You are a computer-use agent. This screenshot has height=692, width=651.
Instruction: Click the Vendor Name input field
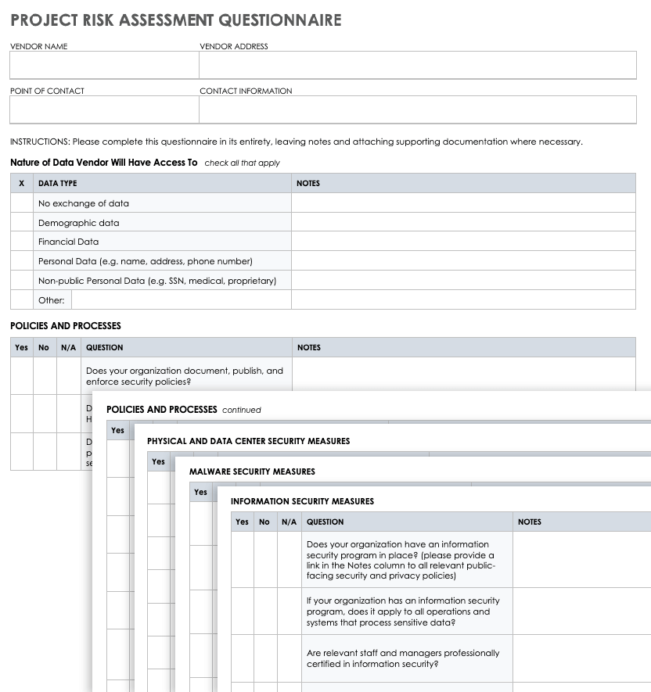(x=104, y=66)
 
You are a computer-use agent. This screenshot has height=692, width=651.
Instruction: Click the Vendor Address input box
(x=417, y=66)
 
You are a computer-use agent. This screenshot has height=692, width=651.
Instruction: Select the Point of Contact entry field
(x=104, y=110)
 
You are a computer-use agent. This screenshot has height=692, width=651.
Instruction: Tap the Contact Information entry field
(x=417, y=110)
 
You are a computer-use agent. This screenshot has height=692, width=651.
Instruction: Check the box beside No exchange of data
(x=21, y=203)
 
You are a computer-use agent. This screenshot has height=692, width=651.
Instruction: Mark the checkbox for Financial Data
(x=21, y=242)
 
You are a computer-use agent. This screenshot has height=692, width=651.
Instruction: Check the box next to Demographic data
(x=21, y=223)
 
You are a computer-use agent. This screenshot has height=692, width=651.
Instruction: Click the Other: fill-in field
(x=180, y=300)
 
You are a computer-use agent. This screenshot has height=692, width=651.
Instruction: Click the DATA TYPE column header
(x=58, y=184)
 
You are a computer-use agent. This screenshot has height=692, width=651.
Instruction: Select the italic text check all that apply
(x=242, y=163)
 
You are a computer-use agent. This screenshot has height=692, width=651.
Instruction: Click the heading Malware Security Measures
(x=252, y=471)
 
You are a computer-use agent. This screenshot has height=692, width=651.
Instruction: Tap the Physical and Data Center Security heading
(x=248, y=441)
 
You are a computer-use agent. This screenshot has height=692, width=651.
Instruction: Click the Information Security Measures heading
(x=302, y=501)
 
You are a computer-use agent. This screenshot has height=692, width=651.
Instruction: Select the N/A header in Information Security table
(x=289, y=522)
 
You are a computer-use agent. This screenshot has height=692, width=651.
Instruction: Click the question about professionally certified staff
(x=402, y=658)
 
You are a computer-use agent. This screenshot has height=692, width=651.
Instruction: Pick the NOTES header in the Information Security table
(x=529, y=522)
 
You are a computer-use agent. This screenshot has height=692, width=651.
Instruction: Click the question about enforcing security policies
(x=184, y=376)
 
